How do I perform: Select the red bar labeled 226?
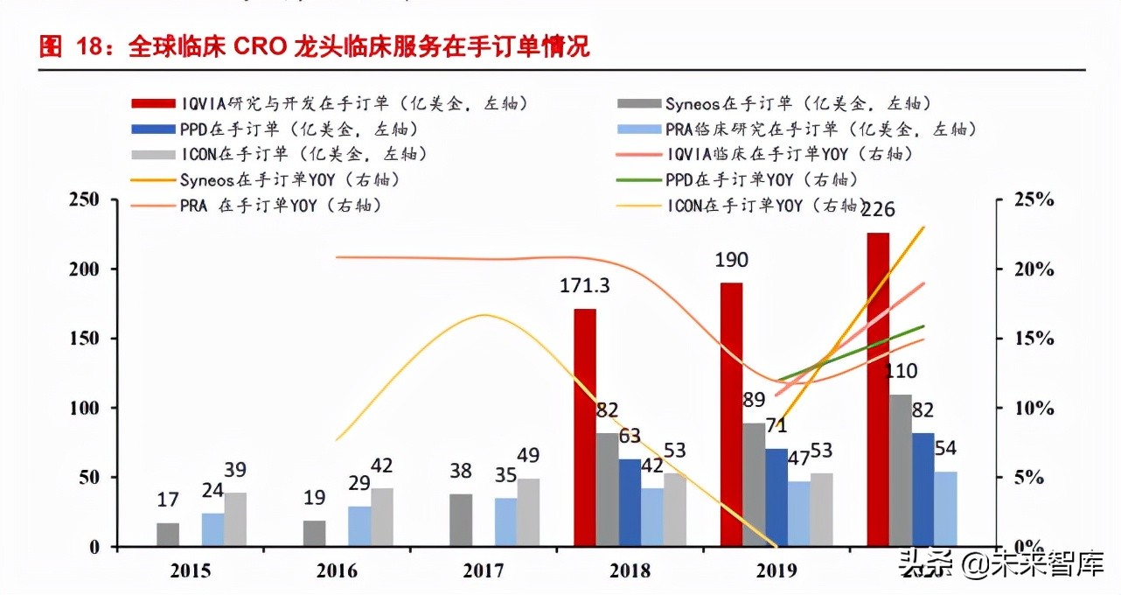pos(878,389)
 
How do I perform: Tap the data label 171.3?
pos(584,286)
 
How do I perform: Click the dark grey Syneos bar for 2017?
pos(461,520)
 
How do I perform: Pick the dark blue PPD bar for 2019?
pos(776,497)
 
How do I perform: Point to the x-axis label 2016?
pos(337,570)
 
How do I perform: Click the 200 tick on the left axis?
pos(85,269)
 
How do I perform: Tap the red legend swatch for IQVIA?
pos(153,104)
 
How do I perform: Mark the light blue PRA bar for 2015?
pos(213,529)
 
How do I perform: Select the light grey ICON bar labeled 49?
pos(528,512)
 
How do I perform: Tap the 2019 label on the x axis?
pos(776,570)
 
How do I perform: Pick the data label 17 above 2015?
pos(168,500)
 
